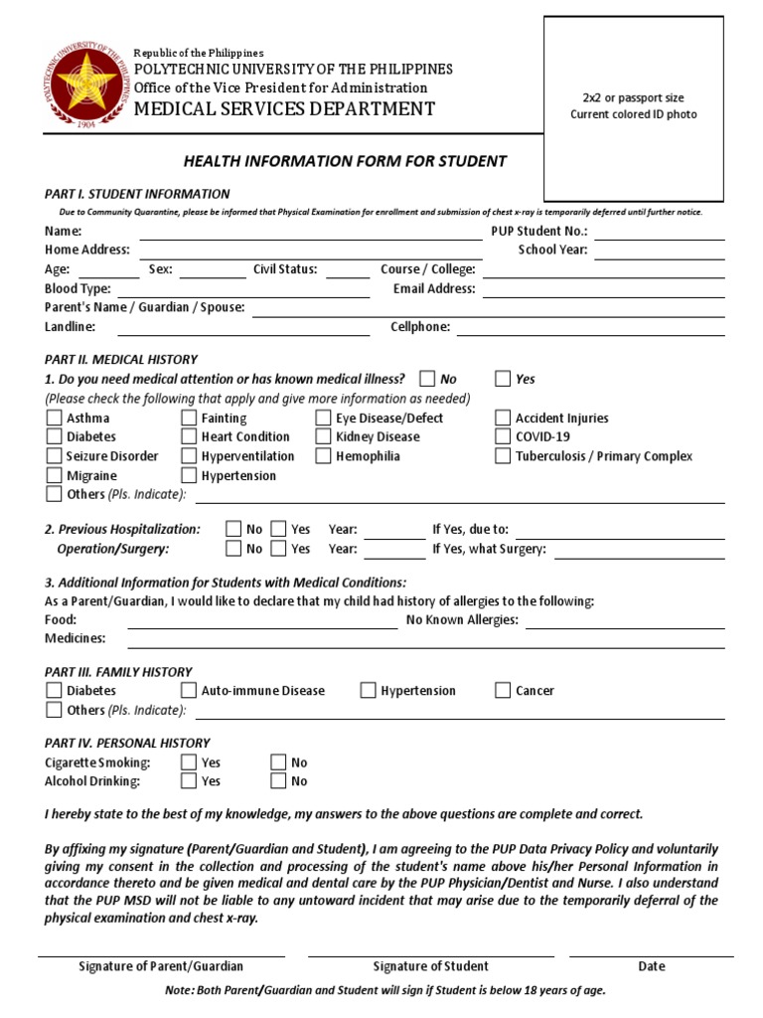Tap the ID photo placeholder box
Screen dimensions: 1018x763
[x=633, y=106]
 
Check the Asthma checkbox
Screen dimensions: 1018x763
[x=54, y=419]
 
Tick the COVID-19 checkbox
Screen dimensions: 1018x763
[x=503, y=436]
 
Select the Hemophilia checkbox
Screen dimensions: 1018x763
[x=323, y=456]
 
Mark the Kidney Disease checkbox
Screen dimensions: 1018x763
[x=323, y=436]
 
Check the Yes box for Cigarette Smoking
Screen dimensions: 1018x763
[x=188, y=763]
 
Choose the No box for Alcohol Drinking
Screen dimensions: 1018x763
[x=278, y=781]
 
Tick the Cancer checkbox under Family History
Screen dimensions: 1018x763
[x=503, y=691]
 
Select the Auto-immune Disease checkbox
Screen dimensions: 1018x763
[x=188, y=691]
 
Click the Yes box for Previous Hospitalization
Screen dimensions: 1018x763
[x=278, y=530]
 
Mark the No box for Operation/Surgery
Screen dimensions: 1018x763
[x=232, y=549]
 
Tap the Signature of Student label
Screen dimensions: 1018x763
[x=430, y=966]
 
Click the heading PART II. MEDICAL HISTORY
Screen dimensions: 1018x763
[x=121, y=360]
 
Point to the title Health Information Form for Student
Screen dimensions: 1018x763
[x=344, y=161]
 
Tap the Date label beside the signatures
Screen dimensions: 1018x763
[x=652, y=966]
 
